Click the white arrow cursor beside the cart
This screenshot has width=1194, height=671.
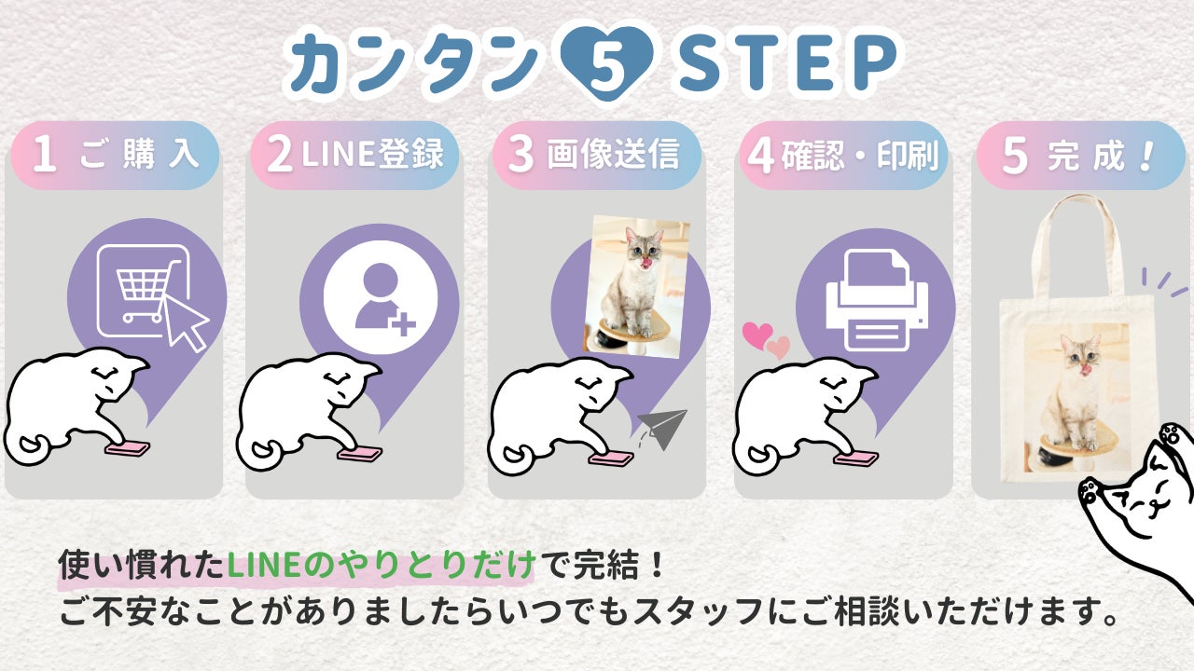185,322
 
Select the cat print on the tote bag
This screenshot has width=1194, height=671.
1077,397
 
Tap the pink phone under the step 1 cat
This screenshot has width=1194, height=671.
128,449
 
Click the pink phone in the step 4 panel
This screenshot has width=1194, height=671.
855,459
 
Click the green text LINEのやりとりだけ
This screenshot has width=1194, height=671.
382,565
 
